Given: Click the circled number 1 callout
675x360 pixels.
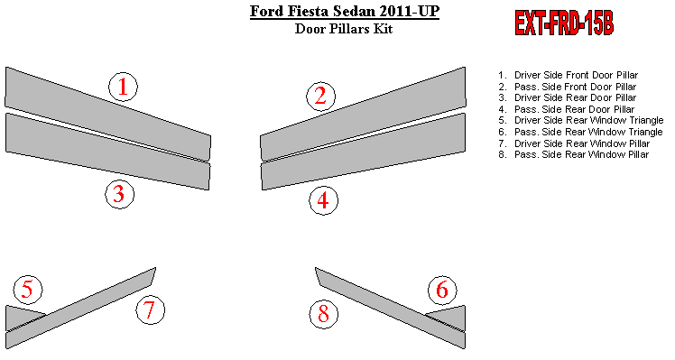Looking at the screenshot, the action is click(123, 87).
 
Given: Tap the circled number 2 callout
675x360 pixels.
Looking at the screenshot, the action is click(320, 96).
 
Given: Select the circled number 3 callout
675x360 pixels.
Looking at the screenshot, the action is click(120, 194).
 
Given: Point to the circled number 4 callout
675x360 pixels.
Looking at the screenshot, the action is click(323, 200).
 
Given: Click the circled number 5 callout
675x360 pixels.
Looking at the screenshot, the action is click(28, 289).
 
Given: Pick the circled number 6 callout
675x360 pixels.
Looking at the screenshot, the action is click(442, 290).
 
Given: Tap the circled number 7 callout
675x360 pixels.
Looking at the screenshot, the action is click(150, 309).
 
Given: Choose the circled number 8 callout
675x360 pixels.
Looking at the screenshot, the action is click(324, 313).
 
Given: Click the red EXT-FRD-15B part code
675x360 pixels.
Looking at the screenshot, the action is click(564, 23).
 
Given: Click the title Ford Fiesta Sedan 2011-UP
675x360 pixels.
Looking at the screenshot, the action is click(345, 11).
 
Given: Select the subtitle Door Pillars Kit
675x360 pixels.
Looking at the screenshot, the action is click(344, 29).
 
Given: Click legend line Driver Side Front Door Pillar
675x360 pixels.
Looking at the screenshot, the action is click(568, 75).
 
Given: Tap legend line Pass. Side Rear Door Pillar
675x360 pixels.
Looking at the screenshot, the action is click(566, 109).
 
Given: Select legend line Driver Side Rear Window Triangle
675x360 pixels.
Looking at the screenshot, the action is click(581, 121).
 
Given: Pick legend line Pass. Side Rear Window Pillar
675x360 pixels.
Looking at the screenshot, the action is click(573, 154).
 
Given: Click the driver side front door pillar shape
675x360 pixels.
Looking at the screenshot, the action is click(107, 114).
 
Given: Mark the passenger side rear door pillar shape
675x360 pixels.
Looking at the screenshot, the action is click(364, 152).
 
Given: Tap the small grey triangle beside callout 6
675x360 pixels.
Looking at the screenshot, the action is click(451, 318).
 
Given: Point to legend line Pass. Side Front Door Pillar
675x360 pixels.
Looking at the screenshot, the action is click(567, 87).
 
